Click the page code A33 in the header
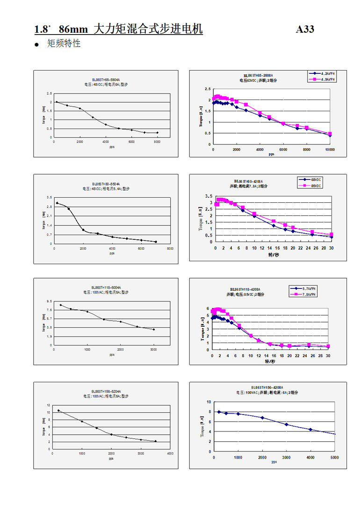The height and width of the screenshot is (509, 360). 305,29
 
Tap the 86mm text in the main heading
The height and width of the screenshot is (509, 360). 73,29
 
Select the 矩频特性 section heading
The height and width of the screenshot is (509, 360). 64,44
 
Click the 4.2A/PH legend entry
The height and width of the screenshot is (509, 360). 326,73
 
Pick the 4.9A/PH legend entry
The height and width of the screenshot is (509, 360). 326,79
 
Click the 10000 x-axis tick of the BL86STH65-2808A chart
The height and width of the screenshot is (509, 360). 330,150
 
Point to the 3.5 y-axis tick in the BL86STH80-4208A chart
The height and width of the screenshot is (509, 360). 208,196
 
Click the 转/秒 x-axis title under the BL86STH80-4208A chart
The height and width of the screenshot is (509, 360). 273,255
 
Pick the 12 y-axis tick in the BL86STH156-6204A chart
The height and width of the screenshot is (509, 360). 48,405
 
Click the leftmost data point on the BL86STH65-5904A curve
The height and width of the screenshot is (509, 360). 57,102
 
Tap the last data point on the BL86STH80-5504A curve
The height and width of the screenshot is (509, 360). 156,242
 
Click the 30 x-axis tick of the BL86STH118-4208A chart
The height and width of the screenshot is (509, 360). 328,356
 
